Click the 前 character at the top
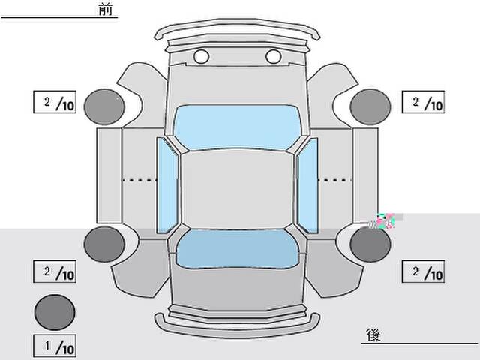106,9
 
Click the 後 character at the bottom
373,334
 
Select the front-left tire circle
104,106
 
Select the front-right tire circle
370,106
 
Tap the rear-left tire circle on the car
104,244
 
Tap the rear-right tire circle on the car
370,244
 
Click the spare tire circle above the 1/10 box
55,312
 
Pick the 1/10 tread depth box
55,346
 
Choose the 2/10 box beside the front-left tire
55,102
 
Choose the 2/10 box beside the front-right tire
423,102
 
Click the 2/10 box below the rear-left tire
55,271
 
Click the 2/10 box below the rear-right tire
423,271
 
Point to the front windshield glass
237,127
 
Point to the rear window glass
238,248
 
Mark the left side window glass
167,185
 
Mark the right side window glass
307,185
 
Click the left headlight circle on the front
202,57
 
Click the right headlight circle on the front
273,57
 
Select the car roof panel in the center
237,190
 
